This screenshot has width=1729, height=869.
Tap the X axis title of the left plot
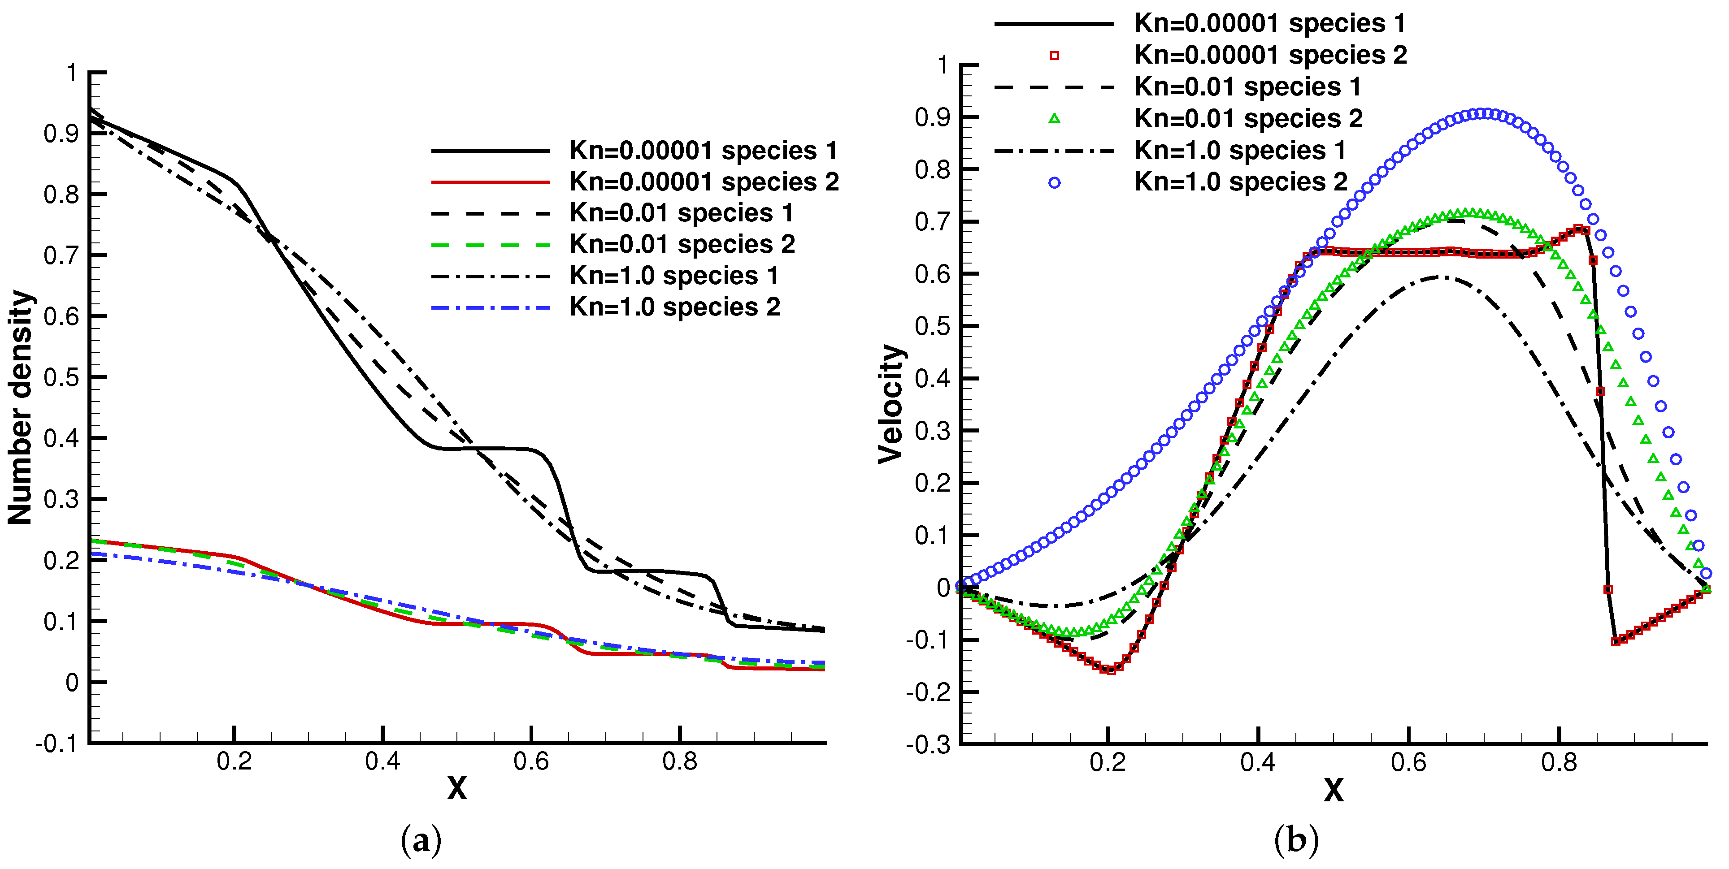pyautogui.click(x=457, y=788)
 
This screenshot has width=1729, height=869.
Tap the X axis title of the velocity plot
pyautogui.click(x=1334, y=791)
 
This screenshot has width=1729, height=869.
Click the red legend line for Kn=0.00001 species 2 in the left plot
pyautogui.click(x=490, y=182)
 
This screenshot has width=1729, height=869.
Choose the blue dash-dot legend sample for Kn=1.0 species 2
pyautogui.click(x=490, y=307)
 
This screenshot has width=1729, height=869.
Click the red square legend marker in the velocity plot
pyautogui.click(x=1055, y=56)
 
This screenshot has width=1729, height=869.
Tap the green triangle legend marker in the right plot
pyautogui.click(x=1055, y=119)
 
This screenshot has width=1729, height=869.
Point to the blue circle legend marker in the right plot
pyautogui.click(x=1055, y=182)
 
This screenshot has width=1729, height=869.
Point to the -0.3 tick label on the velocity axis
pyautogui.click(x=928, y=745)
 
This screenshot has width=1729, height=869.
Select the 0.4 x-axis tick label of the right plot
pyautogui.click(x=1258, y=763)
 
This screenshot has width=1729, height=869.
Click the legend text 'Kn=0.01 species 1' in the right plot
pyautogui.click(x=1247, y=87)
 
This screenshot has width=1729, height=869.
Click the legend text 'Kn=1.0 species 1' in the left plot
pyautogui.click(x=674, y=276)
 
